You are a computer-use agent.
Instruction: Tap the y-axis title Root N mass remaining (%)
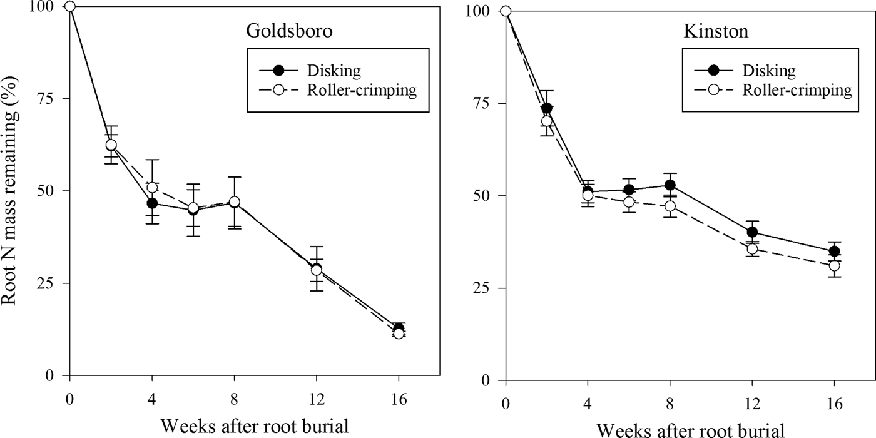point(14,188)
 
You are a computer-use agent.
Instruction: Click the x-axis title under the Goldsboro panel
point(254,426)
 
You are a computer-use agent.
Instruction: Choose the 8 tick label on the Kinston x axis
point(670,403)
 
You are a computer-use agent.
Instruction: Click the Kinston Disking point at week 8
point(670,185)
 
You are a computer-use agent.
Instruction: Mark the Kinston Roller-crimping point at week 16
point(834,266)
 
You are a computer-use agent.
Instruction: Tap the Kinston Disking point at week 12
point(752,233)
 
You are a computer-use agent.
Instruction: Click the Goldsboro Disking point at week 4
point(152,203)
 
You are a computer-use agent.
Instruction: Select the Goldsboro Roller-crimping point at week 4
point(152,188)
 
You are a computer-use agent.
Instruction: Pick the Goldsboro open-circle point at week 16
point(399,334)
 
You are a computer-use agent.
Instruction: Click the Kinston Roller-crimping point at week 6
point(629,203)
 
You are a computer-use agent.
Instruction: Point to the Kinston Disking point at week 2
point(547,108)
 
